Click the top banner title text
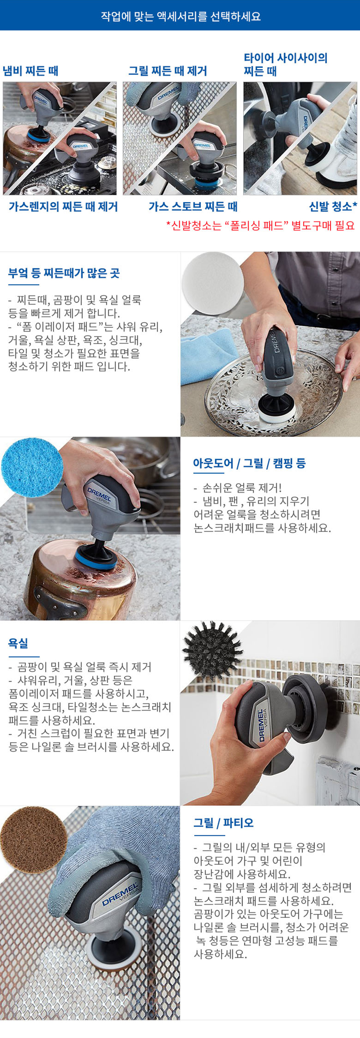coord(180,16)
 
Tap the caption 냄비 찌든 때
coord(31,71)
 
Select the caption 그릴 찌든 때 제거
coord(167,71)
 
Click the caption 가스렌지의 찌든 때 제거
coord(63,206)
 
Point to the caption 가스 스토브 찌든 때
coord(193,206)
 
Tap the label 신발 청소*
coord(333,206)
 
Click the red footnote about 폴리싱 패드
coord(260,226)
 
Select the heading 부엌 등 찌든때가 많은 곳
coord(64,273)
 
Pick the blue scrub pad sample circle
coord(32,467)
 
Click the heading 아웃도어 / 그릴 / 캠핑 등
coord(249,463)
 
